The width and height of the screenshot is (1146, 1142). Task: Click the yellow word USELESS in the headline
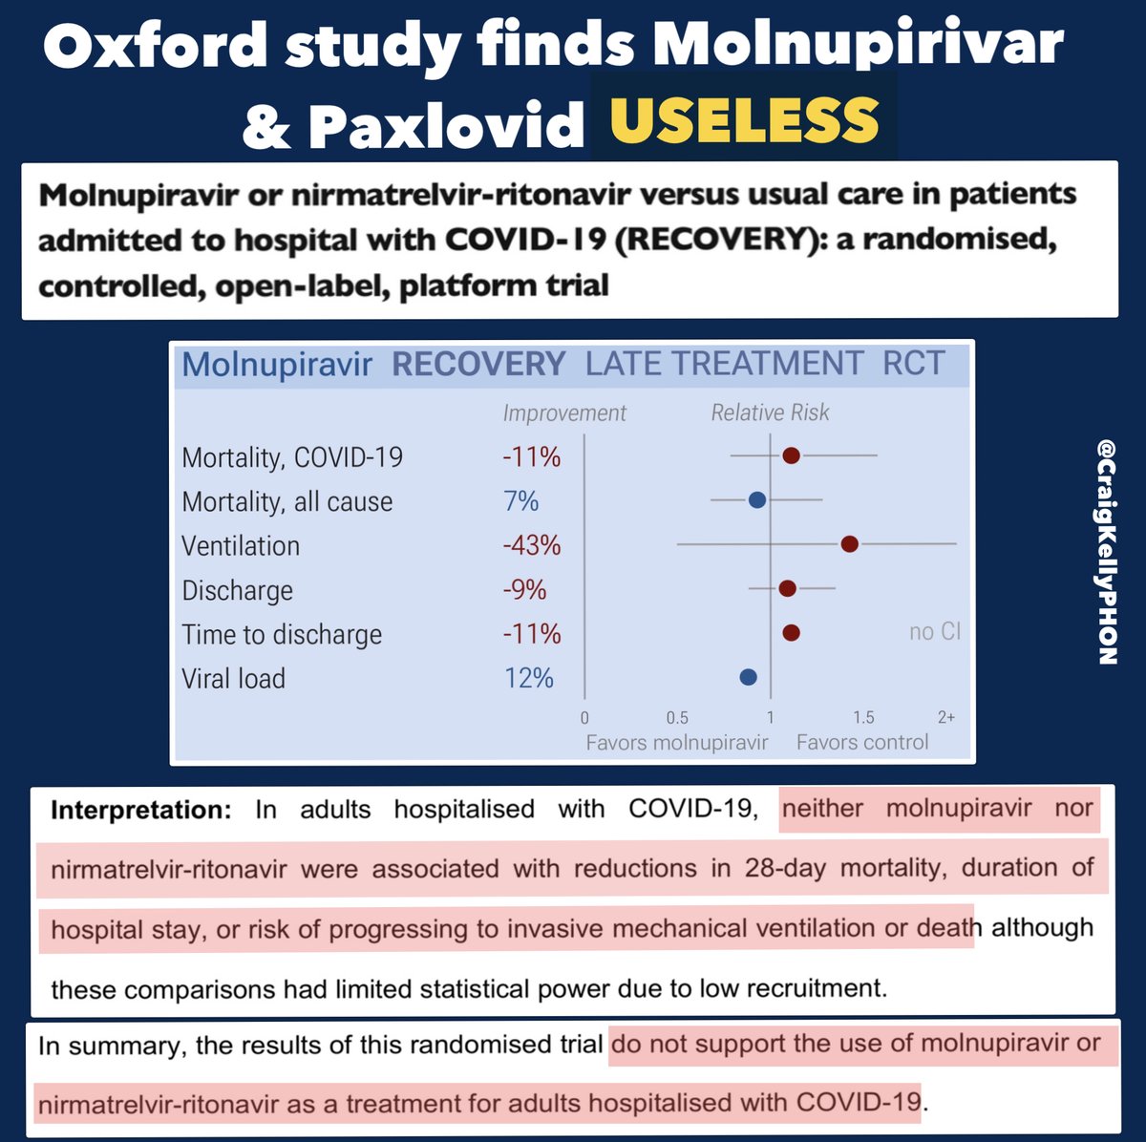click(x=744, y=120)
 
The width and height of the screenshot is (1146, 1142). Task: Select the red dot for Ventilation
click(x=849, y=544)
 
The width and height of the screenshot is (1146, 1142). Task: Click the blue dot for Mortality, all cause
click(x=757, y=499)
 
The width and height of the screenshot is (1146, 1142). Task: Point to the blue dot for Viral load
click(x=748, y=677)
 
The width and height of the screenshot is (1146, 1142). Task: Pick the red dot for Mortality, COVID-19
click(x=791, y=455)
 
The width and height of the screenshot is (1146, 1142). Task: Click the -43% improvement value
click(x=532, y=545)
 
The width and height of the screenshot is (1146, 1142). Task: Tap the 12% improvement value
click(x=529, y=678)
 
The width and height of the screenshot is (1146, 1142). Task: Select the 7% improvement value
click(x=521, y=500)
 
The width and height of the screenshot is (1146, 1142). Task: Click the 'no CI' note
click(x=934, y=632)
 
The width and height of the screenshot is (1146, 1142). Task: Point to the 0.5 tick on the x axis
click(x=677, y=718)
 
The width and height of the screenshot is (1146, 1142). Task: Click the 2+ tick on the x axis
click(x=945, y=718)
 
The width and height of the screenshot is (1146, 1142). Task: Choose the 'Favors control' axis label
click(x=861, y=743)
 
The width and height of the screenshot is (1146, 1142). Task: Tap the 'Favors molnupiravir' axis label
click(x=676, y=743)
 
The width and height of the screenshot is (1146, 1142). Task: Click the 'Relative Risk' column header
click(x=770, y=412)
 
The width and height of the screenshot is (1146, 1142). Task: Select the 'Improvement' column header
click(x=564, y=412)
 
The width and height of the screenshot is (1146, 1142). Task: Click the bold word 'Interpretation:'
click(x=140, y=810)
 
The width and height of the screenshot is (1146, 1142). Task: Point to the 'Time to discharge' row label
click(x=282, y=634)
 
